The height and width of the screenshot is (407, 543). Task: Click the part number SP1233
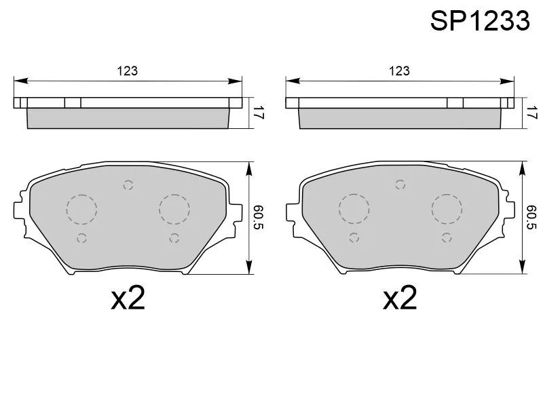[x=480, y=21]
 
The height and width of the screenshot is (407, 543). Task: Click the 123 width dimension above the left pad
[x=127, y=71]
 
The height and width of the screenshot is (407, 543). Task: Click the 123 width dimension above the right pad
[x=399, y=71]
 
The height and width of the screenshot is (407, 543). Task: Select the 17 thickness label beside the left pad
[x=259, y=113]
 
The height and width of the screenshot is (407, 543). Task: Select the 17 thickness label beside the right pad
[x=531, y=113]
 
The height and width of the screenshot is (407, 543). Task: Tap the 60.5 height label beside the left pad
[x=259, y=218]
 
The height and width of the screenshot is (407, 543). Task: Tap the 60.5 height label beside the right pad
[x=531, y=218]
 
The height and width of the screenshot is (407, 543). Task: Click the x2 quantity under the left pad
[x=128, y=298]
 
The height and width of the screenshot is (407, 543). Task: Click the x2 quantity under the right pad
[x=400, y=298]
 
